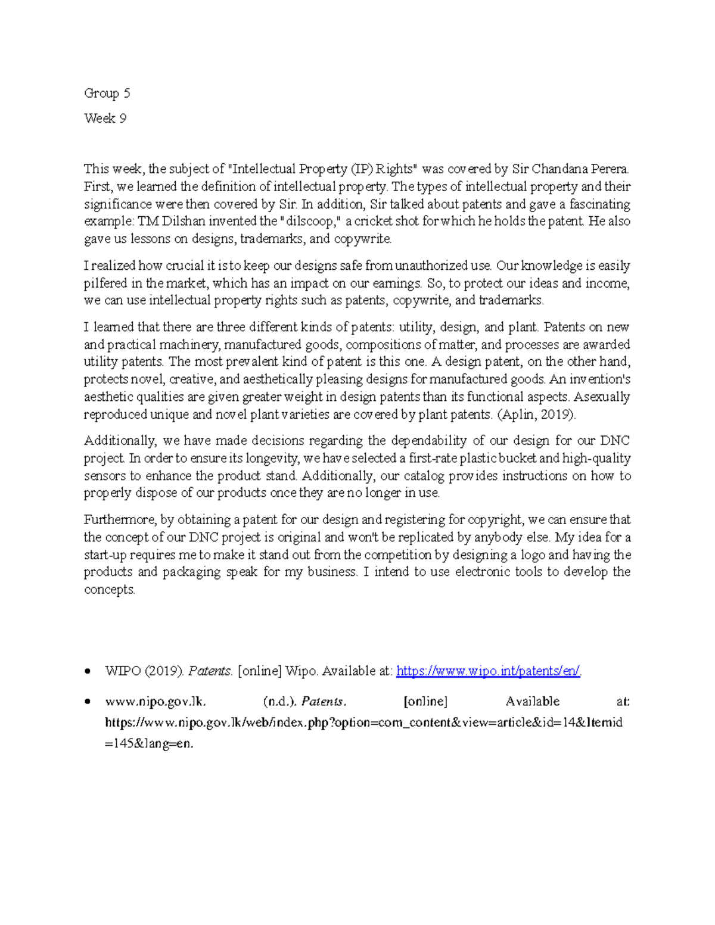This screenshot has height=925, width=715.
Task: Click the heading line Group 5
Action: click(107, 94)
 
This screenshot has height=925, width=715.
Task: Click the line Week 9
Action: click(105, 119)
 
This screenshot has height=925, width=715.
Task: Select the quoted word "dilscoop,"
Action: click(310, 222)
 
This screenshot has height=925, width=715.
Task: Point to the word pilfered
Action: click(105, 283)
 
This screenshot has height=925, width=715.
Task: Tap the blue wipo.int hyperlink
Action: click(488, 671)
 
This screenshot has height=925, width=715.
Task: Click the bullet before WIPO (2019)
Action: click(88, 671)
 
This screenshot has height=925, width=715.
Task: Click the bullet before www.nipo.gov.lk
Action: click(88, 702)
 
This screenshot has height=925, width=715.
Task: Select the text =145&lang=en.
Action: click(149, 744)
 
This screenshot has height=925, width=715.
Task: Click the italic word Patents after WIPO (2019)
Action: click(210, 671)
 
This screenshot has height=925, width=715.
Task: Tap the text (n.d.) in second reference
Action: click(279, 702)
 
